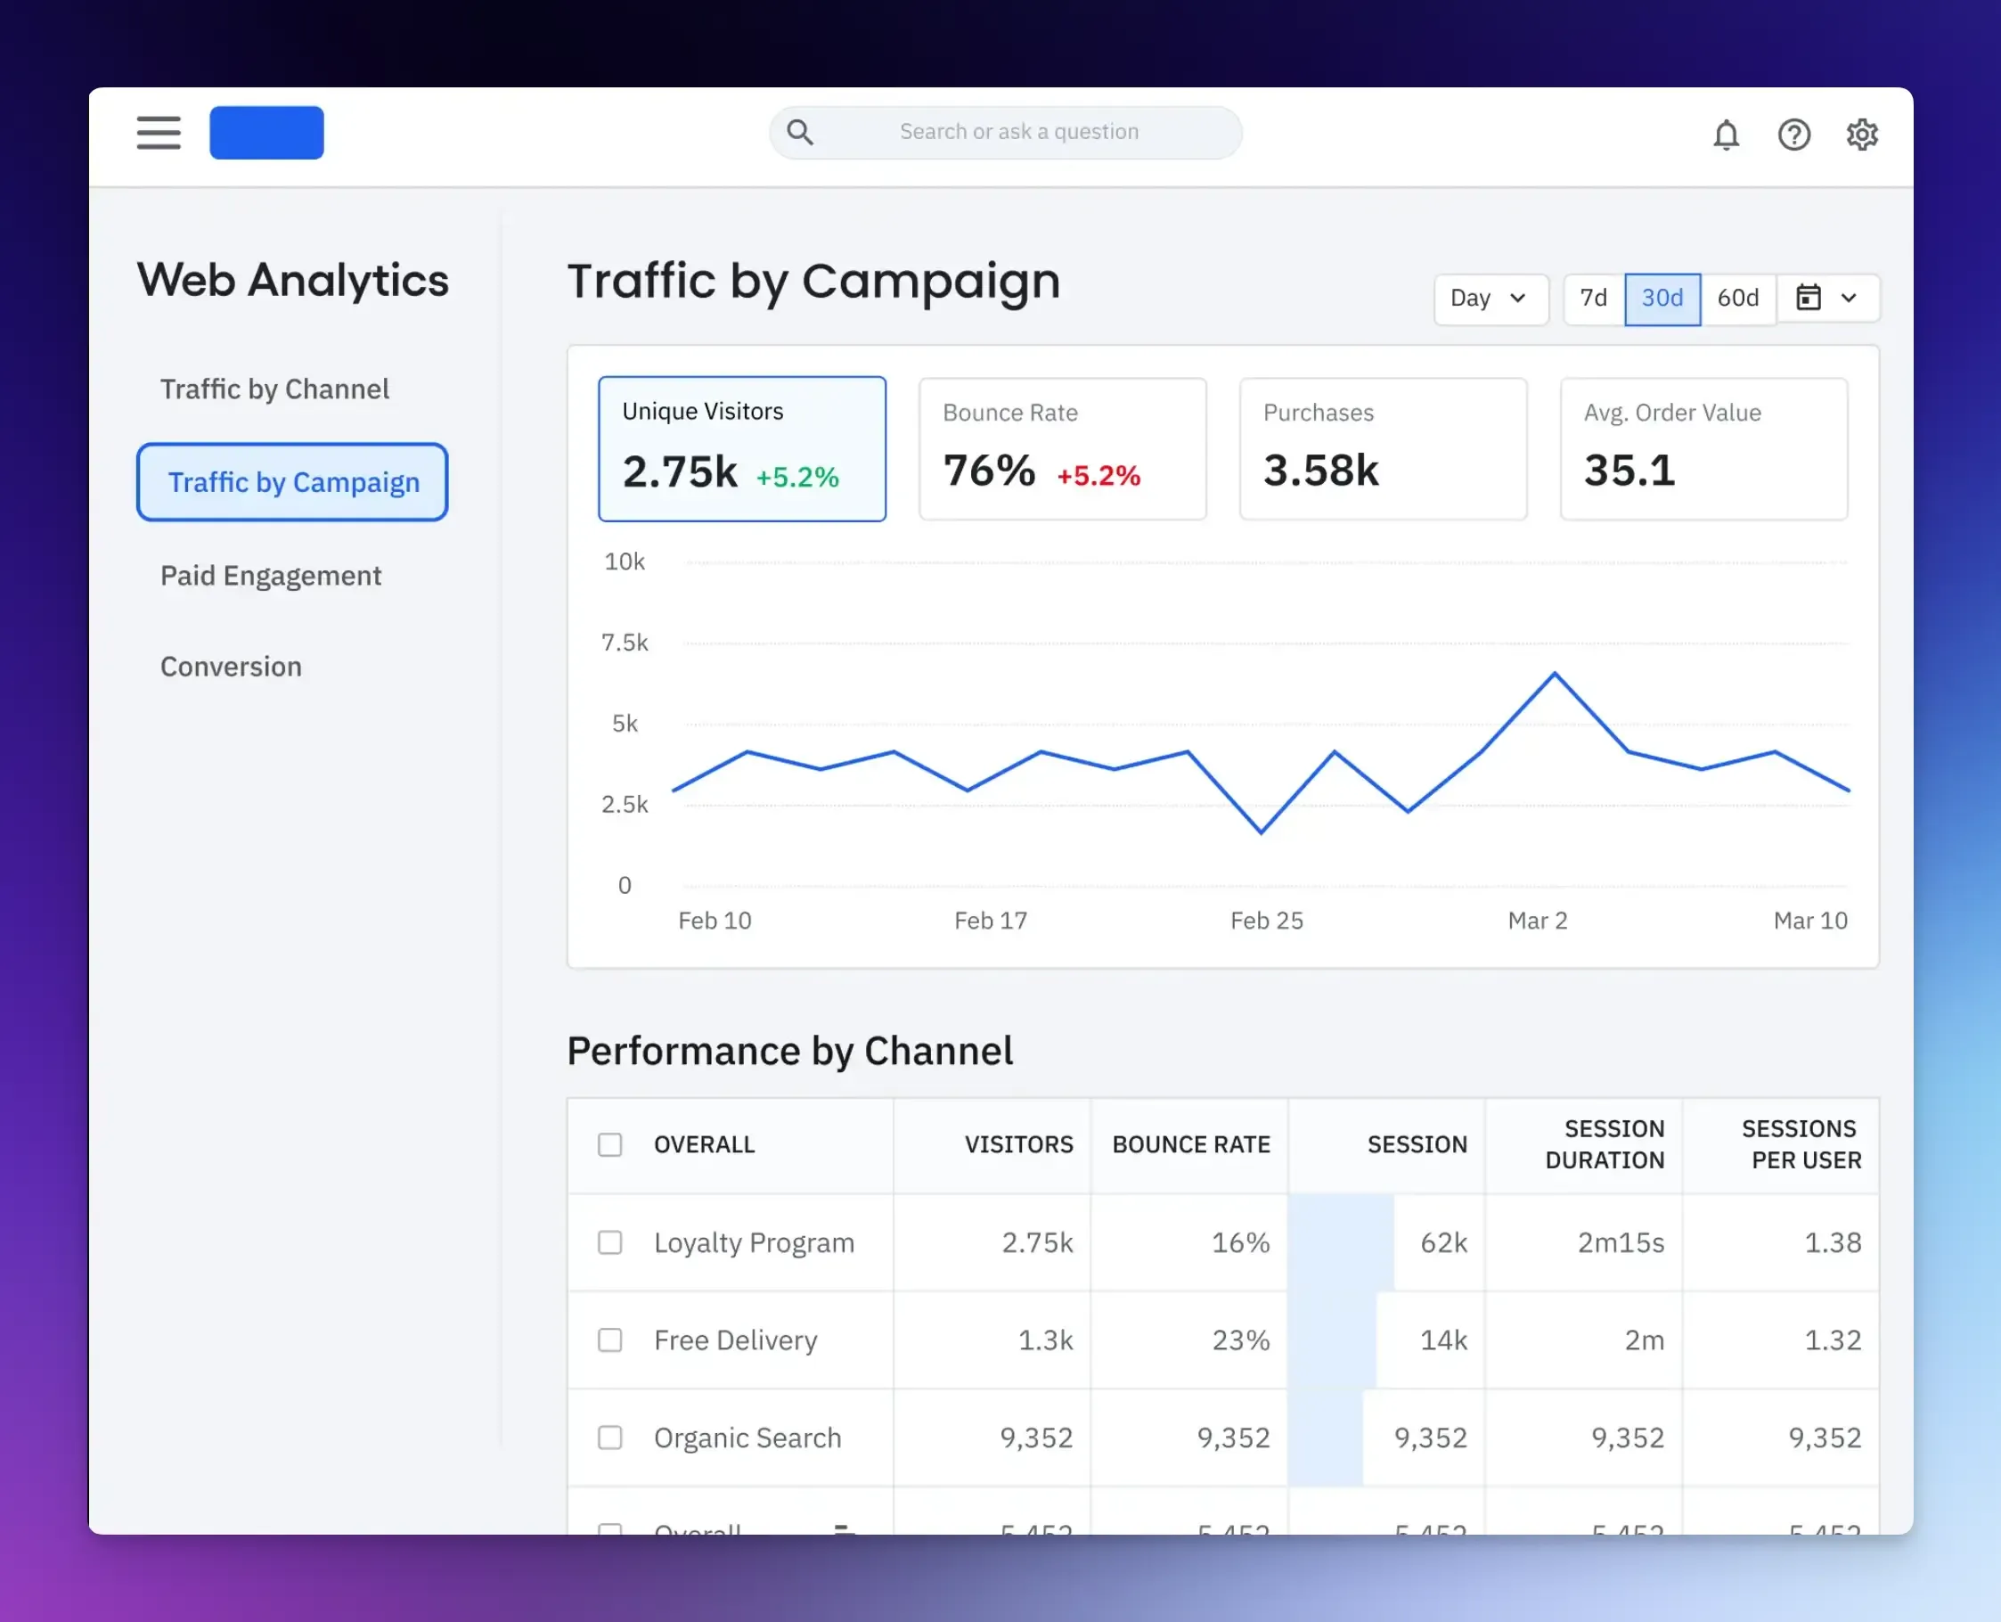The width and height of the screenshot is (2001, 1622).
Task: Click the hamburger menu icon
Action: [x=158, y=133]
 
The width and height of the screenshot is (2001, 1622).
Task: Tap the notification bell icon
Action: [x=1726, y=135]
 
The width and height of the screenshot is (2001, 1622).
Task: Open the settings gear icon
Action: [x=1862, y=135]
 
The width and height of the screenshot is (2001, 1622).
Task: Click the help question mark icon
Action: [x=1793, y=135]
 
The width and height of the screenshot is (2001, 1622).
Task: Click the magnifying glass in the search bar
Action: [x=800, y=133]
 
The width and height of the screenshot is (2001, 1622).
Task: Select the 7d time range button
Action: [x=1593, y=298]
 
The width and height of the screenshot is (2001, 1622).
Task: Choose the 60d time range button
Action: [x=1737, y=298]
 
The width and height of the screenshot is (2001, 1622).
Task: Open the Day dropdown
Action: [x=1489, y=298]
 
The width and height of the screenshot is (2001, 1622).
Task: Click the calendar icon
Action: [x=1809, y=298]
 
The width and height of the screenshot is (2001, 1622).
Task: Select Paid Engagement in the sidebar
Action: [x=271, y=576]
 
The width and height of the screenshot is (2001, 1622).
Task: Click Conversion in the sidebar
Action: [x=231, y=667]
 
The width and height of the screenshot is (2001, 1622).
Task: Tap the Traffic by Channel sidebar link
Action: [x=274, y=389]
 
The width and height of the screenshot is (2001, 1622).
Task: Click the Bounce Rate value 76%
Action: [x=989, y=470]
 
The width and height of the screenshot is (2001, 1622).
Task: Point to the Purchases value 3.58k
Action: [x=1321, y=470]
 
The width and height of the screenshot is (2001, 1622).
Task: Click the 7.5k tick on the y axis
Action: [x=624, y=643]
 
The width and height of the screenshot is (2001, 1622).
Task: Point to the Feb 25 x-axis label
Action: [x=1266, y=921]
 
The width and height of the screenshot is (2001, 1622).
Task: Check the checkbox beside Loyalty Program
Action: [x=610, y=1242]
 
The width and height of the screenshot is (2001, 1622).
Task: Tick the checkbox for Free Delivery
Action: [x=610, y=1339]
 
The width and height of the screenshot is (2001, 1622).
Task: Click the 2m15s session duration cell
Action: [x=1620, y=1242]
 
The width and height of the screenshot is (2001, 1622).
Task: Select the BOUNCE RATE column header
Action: [x=1190, y=1144]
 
